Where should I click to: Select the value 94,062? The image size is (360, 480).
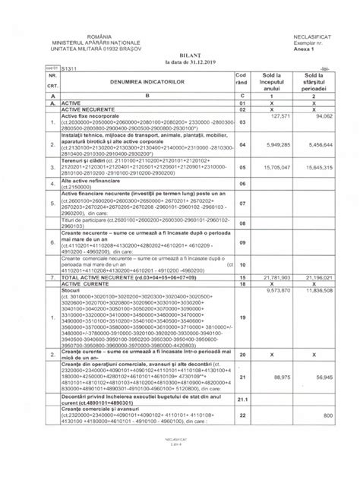coord(324,116)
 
